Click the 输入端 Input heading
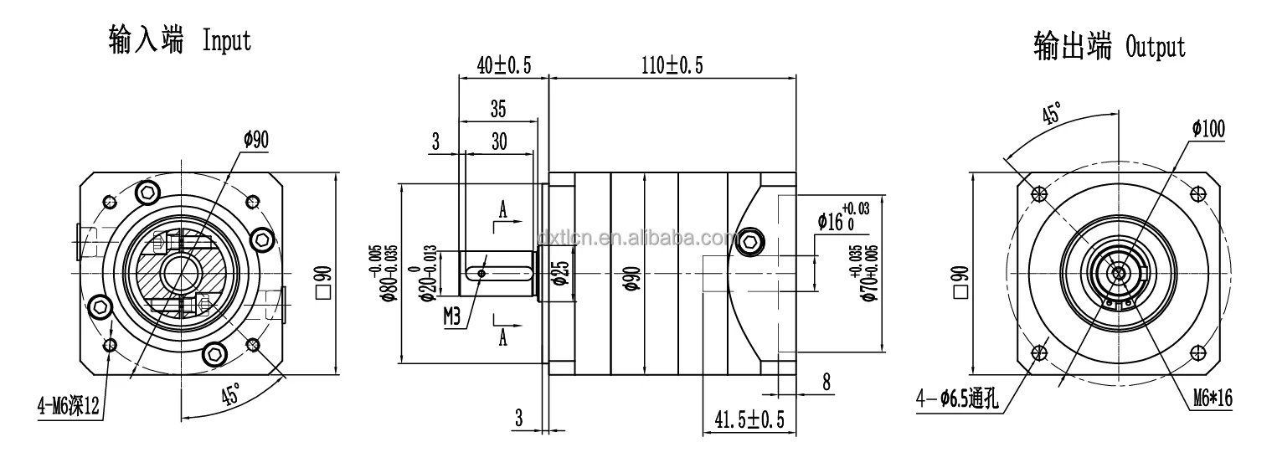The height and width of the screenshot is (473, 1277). (x=179, y=40)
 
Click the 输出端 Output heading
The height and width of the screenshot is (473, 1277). (x=1110, y=46)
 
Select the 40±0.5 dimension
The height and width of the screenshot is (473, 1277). (x=504, y=65)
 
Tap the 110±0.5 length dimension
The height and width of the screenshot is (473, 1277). (x=672, y=65)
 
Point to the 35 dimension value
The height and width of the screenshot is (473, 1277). (x=498, y=109)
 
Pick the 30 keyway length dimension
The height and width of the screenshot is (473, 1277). (x=498, y=141)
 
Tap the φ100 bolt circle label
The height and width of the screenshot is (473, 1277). (x=1207, y=128)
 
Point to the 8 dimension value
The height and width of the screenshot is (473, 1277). (x=826, y=383)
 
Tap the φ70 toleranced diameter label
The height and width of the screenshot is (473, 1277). (x=870, y=274)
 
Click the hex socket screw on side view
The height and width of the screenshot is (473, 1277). (x=750, y=240)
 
